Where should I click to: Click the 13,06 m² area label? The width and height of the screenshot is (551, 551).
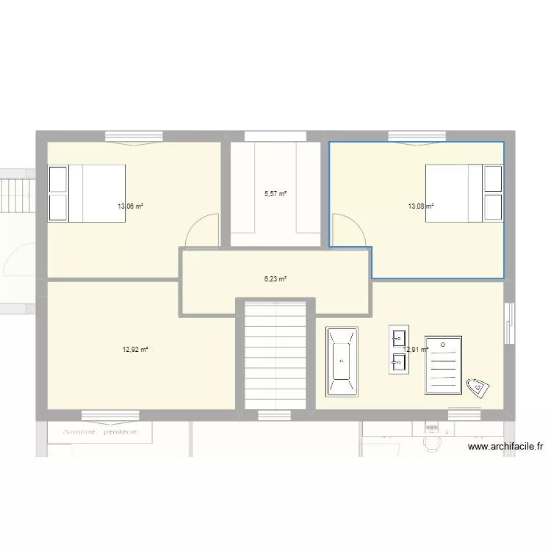point(130,206)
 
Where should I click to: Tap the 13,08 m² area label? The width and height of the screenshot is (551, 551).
point(421,206)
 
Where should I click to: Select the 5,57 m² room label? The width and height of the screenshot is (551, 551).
point(275,194)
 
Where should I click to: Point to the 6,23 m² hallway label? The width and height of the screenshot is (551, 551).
point(275,279)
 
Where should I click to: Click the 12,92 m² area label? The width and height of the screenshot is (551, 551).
point(135,350)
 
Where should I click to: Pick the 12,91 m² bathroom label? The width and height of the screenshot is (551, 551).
point(417,350)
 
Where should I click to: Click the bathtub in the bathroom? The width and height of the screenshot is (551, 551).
point(342,363)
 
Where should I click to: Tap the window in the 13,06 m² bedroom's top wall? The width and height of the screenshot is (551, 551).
point(133,136)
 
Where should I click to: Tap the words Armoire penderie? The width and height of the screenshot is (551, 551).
point(101,433)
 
